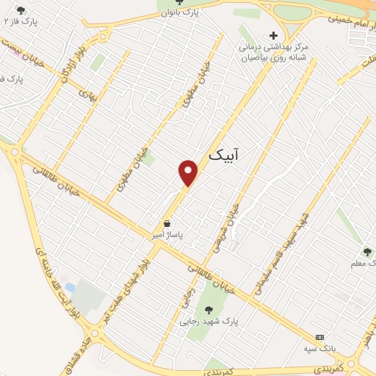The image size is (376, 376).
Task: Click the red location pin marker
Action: (x=189, y=172)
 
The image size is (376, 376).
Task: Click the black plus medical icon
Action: (x=274, y=35)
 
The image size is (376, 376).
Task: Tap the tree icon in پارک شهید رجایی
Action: (x=209, y=310)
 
